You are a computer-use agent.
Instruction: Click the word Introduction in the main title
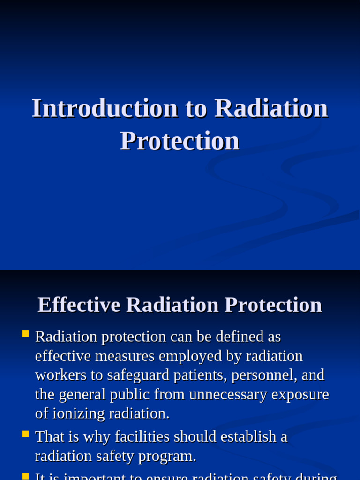[x=105, y=108]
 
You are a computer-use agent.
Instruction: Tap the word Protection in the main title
[x=180, y=141]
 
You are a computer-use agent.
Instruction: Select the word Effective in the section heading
[x=79, y=305]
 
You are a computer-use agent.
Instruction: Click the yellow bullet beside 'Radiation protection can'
[x=25, y=334]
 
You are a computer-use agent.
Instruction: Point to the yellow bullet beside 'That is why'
[x=25, y=434]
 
